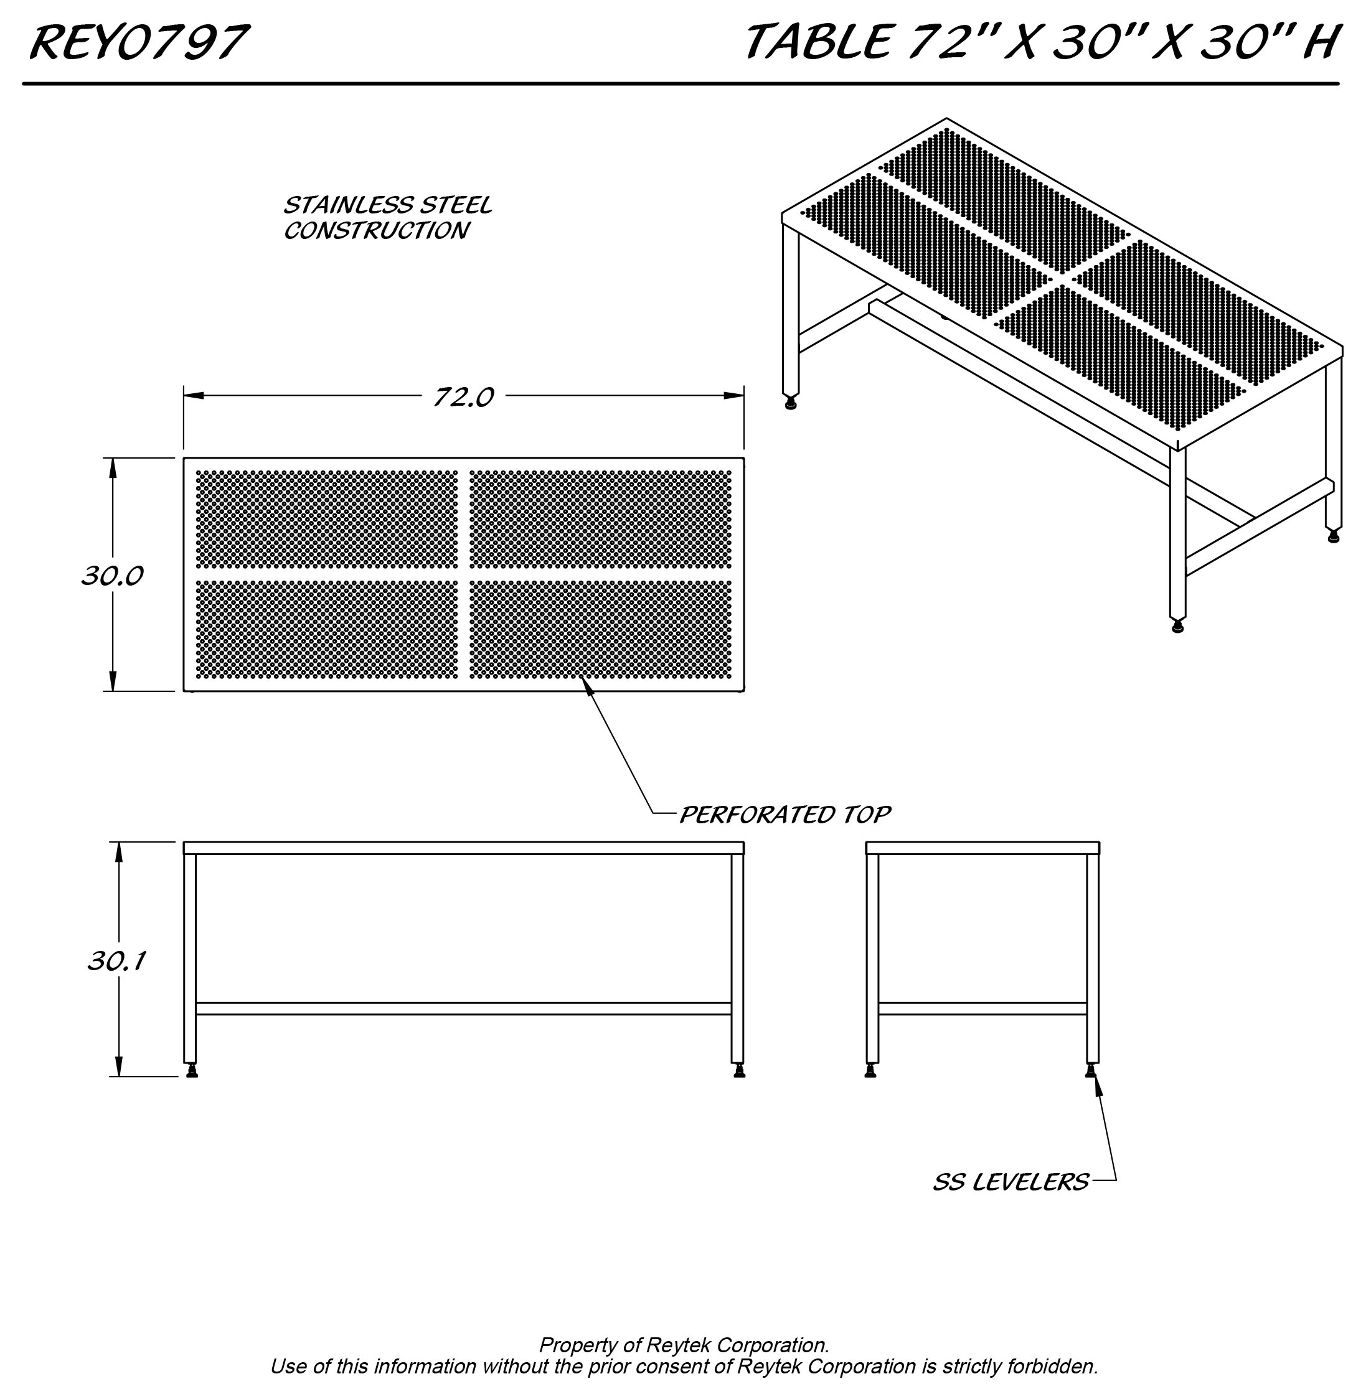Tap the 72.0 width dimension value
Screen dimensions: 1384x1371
[x=463, y=397]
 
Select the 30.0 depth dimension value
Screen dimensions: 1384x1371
[x=113, y=575]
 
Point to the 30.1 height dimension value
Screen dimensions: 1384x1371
[x=117, y=961]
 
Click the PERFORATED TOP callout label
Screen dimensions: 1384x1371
[x=784, y=815]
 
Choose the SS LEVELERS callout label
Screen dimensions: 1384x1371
[x=1011, y=1181]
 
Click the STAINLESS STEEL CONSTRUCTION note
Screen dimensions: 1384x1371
[x=387, y=218]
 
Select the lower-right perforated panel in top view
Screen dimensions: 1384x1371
[x=601, y=629]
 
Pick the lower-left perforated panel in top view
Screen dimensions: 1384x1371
[x=327, y=629]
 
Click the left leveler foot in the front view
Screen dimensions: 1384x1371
[x=191, y=1071]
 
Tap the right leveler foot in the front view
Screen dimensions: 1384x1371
[x=739, y=1071]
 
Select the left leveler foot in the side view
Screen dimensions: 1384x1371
[x=871, y=1071]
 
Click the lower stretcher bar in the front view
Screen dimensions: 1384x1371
[x=463, y=1009]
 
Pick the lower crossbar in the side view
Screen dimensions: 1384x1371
[x=982, y=1009]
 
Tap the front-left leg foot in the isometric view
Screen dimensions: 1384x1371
[x=1177, y=627]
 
